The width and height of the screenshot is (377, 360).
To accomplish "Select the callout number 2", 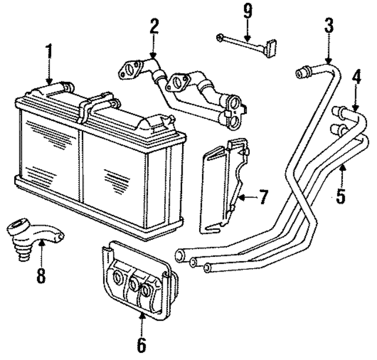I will [154, 26].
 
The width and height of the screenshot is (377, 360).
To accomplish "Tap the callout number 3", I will [329, 25].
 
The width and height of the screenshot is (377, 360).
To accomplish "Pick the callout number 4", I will [356, 77].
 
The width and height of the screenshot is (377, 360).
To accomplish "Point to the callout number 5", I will [341, 196].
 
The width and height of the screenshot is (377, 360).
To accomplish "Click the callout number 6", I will [142, 344].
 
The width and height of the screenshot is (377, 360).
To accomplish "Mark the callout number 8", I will [41, 276].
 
